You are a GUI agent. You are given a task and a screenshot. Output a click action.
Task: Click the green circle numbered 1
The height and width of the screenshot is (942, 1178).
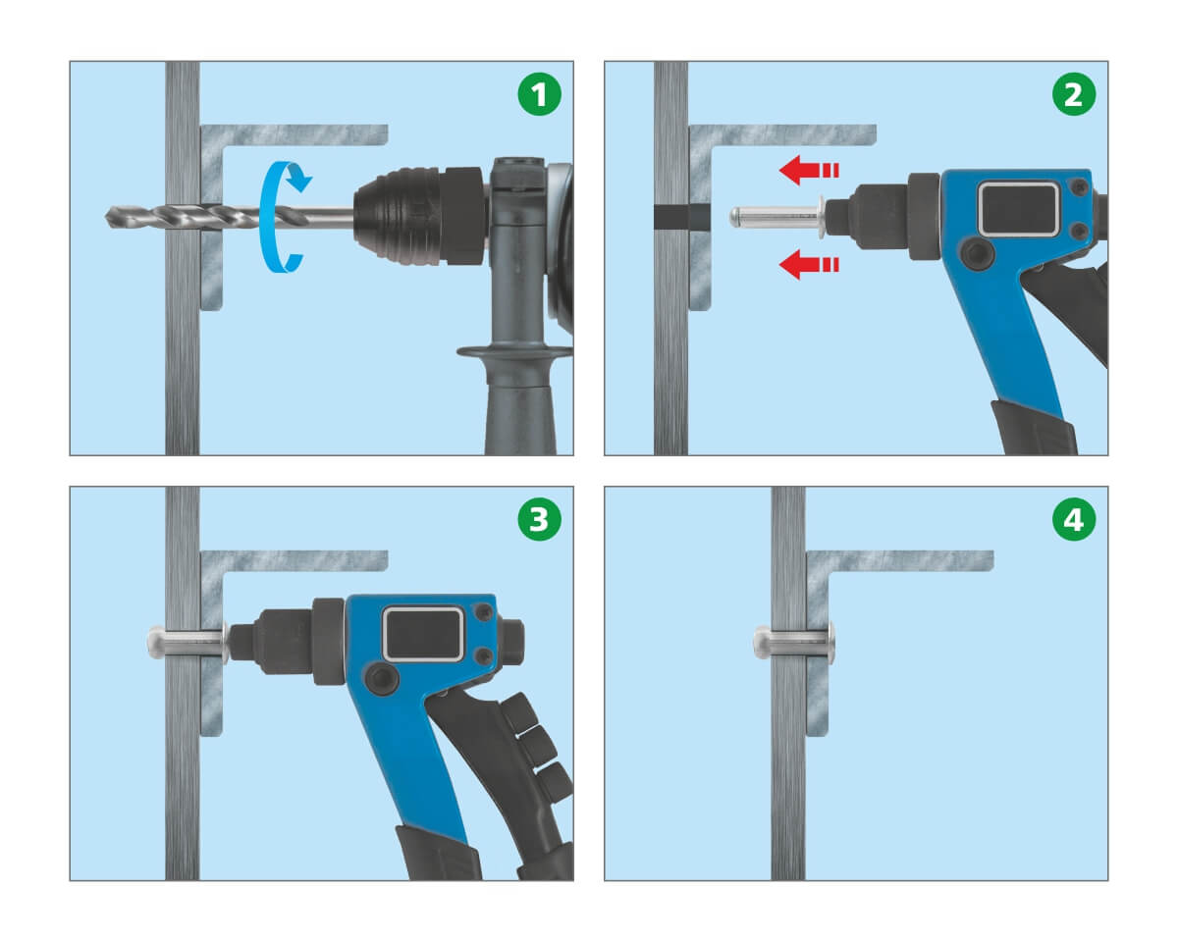[x=539, y=94]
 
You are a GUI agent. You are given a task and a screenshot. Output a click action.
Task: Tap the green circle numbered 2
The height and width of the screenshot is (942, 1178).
[x=1074, y=94]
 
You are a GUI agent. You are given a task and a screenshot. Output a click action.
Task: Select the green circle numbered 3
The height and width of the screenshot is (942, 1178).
[x=539, y=519]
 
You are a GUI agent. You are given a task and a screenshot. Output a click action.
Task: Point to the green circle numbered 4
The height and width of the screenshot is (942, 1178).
[x=1074, y=519]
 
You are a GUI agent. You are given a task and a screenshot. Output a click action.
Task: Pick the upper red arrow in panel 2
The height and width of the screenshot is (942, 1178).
[x=809, y=170]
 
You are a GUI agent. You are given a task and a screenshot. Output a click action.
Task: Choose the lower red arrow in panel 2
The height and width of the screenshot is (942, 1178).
[x=809, y=265]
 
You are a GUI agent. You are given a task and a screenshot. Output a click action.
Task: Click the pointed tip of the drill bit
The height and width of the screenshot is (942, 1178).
[x=106, y=218]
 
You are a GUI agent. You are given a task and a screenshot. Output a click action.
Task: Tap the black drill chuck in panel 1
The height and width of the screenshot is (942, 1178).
[x=420, y=216]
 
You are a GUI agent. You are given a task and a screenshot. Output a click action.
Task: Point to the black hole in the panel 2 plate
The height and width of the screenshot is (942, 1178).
[x=682, y=217]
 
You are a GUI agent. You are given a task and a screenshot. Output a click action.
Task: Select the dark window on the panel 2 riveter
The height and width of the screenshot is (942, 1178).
[x=1018, y=210]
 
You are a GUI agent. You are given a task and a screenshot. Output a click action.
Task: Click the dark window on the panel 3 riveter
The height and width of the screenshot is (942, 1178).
[x=422, y=634]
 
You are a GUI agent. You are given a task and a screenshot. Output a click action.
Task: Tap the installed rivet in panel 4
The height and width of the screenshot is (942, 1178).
[x=794, y=642]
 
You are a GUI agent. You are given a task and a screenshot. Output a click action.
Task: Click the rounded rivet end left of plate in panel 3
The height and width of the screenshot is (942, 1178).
[x=156, y=642]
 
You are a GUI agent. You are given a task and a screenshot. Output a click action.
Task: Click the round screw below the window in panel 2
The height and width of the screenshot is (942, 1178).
[x=978, y=253]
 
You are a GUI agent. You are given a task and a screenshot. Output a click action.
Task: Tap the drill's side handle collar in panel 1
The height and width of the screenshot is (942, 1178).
[x=514, y=352]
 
